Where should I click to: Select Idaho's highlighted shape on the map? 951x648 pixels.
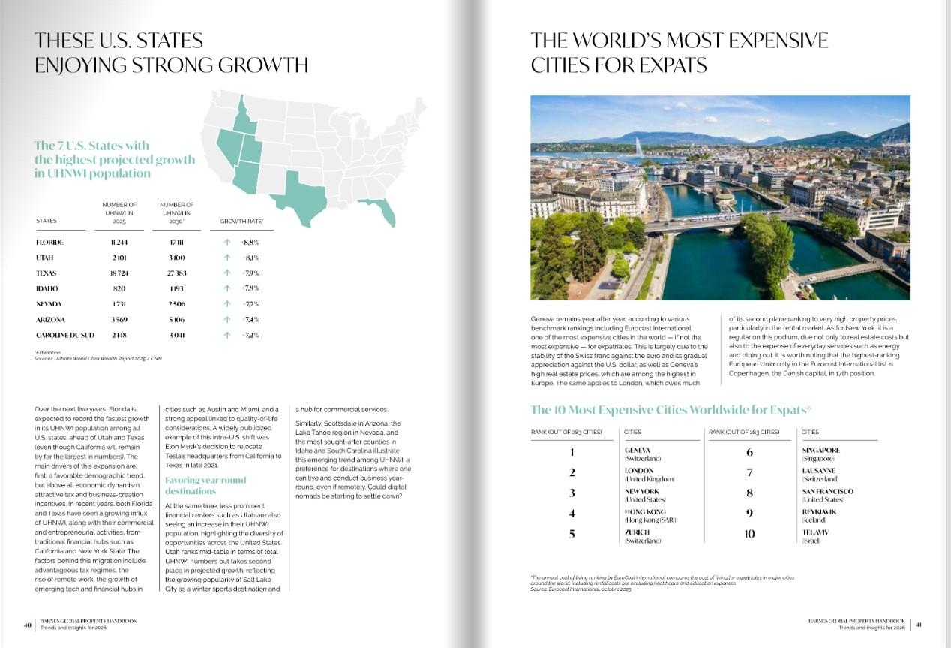(243, 120)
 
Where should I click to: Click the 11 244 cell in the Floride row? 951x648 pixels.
(119, 243)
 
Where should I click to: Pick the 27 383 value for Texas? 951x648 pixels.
(177, 273)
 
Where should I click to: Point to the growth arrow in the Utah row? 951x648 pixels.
(226, 258)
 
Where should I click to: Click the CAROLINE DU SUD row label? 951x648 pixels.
(65, 335)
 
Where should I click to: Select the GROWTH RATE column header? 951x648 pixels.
(241, 222)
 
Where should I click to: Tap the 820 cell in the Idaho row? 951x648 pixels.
(119, 288)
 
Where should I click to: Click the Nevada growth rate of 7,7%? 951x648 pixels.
(251, 304)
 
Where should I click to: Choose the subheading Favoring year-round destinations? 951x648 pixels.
(205, 485)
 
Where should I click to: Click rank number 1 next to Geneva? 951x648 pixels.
(571, 452)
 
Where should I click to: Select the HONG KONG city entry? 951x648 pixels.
(645, 512)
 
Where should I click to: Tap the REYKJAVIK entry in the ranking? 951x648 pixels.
(819, 512)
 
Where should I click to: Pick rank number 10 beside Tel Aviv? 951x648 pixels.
(749, 535)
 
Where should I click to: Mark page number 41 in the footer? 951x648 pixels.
(919, 624)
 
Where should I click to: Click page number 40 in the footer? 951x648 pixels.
(27, 624)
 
